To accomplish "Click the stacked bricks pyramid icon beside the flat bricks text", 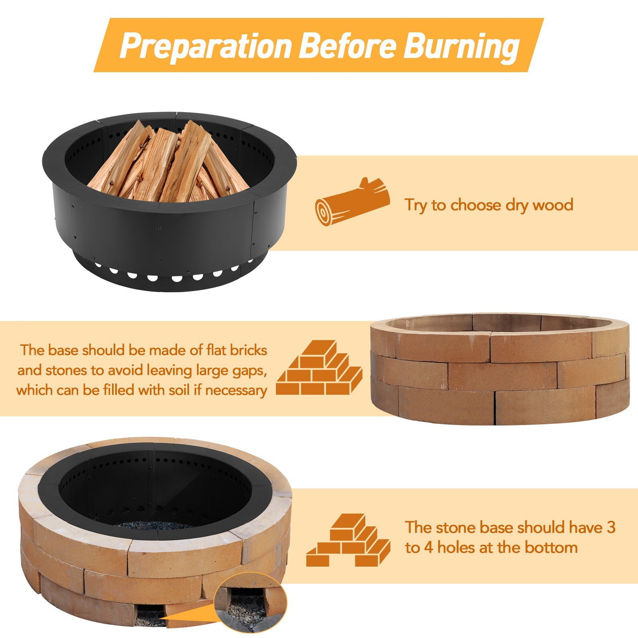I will coord(319,368).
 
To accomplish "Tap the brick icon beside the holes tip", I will coord(348,541).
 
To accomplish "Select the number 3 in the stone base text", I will coord(611,527).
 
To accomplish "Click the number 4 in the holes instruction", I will coord(428,548).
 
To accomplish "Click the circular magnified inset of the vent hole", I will coord(250,603).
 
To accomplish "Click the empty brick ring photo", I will coord(499,369).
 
